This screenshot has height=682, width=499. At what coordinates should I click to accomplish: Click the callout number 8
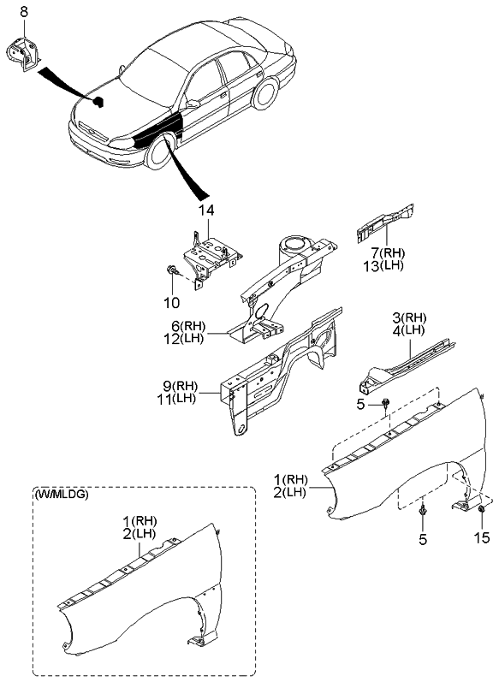coord(23,11)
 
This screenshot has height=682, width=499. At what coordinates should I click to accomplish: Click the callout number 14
coord(207,211)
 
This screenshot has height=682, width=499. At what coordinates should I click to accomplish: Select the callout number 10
coord(171,302)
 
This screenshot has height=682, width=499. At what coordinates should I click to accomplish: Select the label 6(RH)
coord(189,325)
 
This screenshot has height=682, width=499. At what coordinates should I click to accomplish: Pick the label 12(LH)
coord(189,339)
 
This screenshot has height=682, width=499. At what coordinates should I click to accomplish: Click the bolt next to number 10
coord(172,273)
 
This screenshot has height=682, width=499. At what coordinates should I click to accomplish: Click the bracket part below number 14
coord(209,252)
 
